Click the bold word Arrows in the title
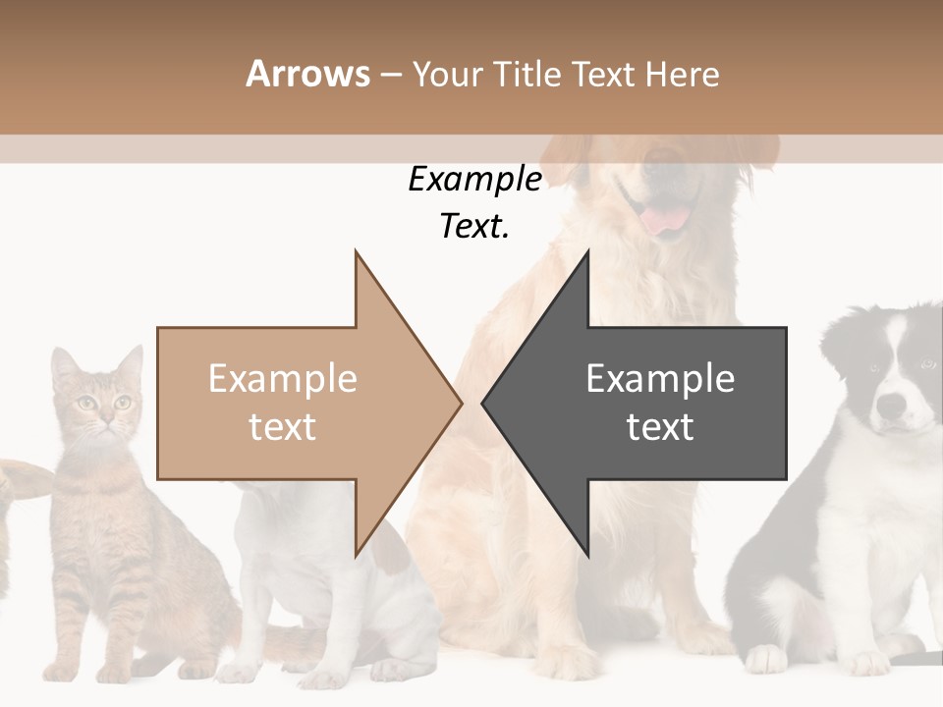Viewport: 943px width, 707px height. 307,74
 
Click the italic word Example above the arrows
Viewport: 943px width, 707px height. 475,180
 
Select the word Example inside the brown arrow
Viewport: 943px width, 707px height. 283,379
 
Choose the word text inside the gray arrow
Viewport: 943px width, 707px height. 660,426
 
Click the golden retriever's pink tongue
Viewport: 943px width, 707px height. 666,220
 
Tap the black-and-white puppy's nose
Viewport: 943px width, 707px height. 890,405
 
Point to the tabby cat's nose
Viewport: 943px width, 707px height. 103,420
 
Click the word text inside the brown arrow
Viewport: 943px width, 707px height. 283,426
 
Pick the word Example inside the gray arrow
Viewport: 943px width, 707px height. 660,379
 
